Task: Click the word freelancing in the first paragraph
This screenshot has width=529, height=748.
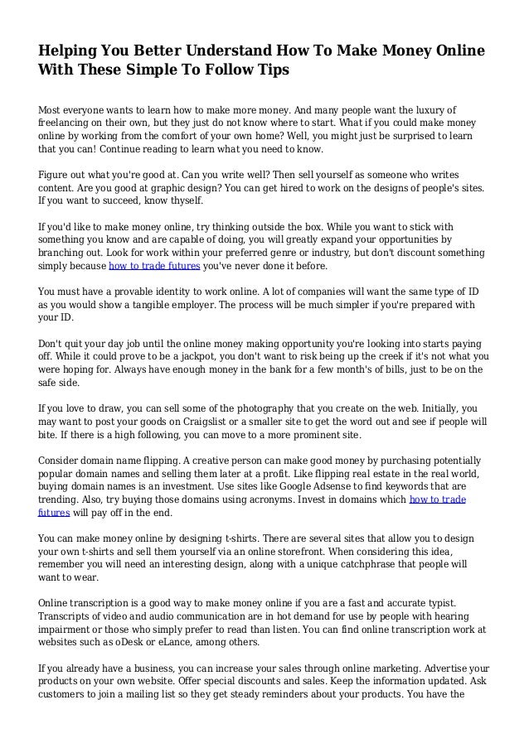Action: (69, 123)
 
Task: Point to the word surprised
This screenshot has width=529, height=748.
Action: (391, 138)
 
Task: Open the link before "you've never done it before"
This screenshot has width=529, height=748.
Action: (153, 268)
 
